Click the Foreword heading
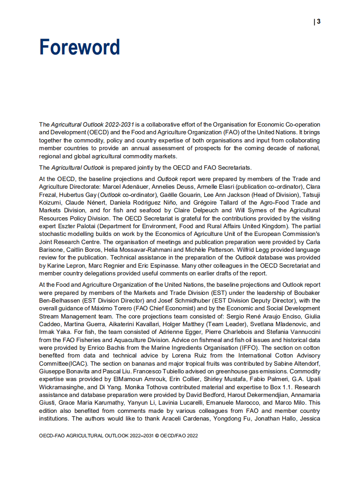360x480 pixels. point(79,47)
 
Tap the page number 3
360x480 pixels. point(319,21)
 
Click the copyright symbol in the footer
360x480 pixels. point(157,435)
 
